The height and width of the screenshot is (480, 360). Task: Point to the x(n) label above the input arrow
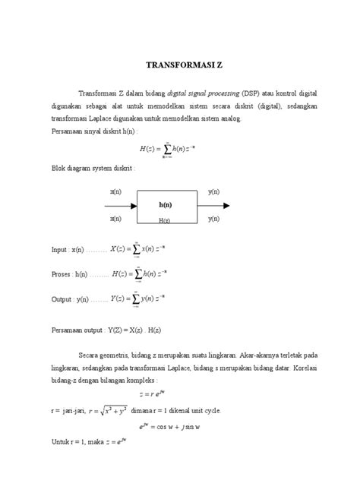pos(115,192)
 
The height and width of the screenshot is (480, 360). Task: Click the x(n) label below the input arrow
pos(115,218)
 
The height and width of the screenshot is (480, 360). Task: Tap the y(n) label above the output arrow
pos(214,192)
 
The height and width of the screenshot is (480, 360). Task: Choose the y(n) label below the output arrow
pos(214,218)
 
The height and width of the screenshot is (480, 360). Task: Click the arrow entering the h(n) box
pos(120,205)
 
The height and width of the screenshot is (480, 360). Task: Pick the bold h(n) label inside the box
pos(165,205)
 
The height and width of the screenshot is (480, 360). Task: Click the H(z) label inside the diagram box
pos(164,220)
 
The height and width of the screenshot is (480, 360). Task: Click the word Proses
pos(62,274)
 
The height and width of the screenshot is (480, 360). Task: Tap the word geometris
pos(119,353)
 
